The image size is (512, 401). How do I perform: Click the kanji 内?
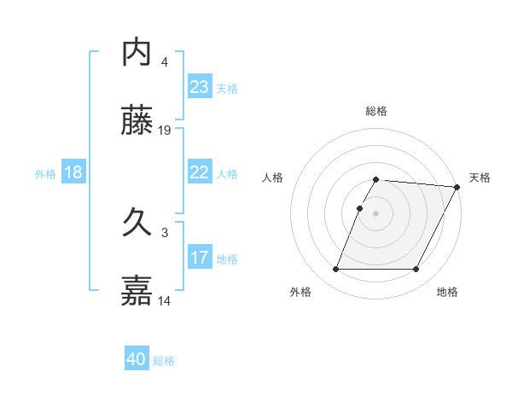pos(137,52)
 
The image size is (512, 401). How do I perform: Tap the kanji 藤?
pos(137,123)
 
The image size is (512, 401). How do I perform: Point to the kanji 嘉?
pos(137,290)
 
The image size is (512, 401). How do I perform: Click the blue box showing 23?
pos(199,87)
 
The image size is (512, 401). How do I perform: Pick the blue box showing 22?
pos(199,172)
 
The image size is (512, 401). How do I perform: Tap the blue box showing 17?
pos(199,258)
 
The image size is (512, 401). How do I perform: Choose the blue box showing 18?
pos(73,172)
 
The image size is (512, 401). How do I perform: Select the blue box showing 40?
pos(137,359)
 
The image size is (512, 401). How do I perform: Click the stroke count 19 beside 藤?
pos(166,130)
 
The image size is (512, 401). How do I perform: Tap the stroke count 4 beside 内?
pos(165,61)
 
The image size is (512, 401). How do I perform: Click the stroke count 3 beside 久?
pos(165,232)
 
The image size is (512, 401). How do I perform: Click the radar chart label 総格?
pos(376,111)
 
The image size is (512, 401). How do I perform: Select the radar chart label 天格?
pos(480,177)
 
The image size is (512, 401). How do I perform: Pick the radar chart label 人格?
pos(273,177)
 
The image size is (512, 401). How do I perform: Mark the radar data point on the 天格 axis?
pos(457,187)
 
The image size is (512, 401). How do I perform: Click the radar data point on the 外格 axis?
pos(335,270)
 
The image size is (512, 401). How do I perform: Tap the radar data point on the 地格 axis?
pos(416,270)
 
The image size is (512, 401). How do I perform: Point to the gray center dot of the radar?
pos(376,213)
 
